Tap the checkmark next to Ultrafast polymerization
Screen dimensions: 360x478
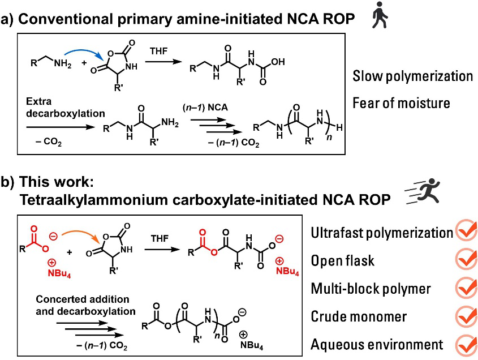coord(466,233)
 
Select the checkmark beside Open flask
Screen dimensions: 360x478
coord(466,260)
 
